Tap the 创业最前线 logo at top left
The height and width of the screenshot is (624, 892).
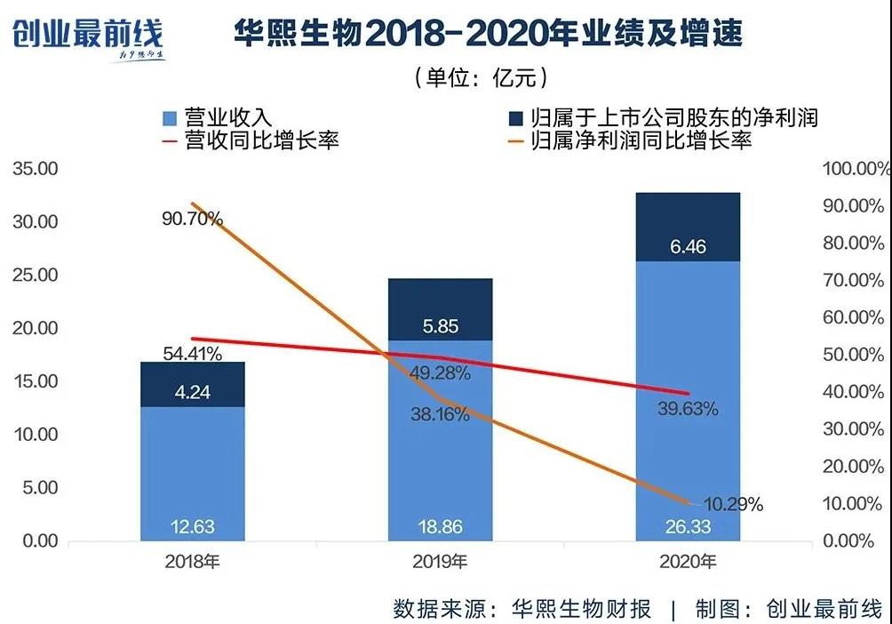(87, 36)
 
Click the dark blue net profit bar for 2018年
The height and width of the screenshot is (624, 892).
(193, 384)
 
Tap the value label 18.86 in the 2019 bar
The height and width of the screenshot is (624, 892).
(440, 527)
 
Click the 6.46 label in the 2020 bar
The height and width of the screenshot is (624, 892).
(687, 246)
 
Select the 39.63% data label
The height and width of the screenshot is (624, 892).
(688, 409)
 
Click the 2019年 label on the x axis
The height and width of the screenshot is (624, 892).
(441, 562)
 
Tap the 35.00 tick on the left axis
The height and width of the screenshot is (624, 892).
(35, 169)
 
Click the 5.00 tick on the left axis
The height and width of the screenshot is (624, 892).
(38, 488)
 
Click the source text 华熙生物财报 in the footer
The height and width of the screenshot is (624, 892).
(582, 609)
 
